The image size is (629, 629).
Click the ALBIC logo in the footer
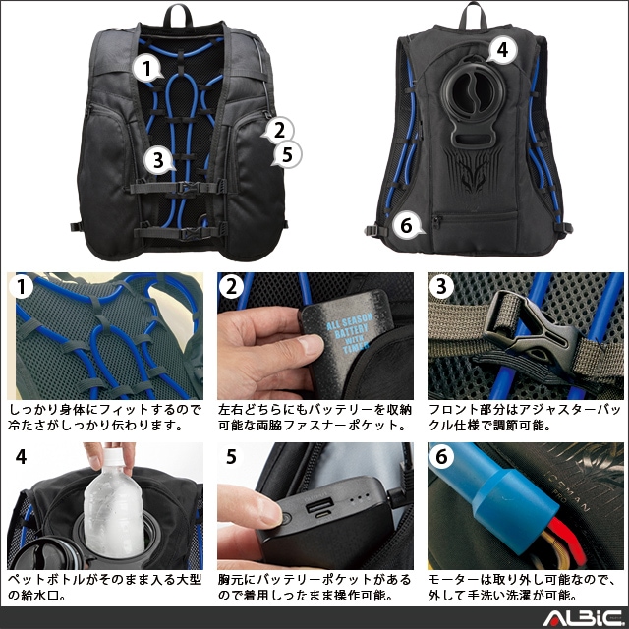point(583,618)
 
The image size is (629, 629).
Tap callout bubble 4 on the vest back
point(501,50)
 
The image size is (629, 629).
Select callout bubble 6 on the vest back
point(407,225)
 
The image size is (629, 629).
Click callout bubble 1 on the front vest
point(147,68)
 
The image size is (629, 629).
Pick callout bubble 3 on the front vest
point(159,160)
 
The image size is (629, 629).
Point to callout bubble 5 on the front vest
point(286,154)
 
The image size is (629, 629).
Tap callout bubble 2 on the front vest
point(278,130)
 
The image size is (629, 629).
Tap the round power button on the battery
point(286,520)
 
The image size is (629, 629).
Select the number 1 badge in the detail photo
point(21,286)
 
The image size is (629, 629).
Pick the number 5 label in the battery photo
point(231,456)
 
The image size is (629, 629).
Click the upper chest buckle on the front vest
point(188,188)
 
